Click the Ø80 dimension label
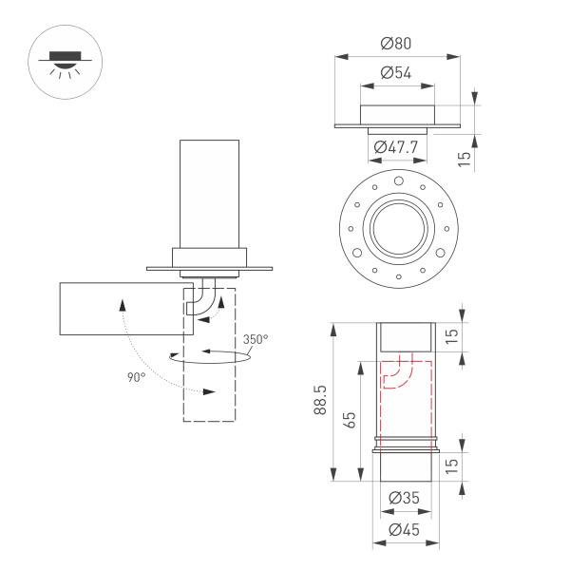click(397, 43)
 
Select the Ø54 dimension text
click(397, 72)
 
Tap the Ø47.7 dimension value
click(397, 147)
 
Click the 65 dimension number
click(349, 420)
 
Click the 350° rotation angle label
click(255, 339)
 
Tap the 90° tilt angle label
click(136, 377)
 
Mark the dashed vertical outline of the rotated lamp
click(209, 380)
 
